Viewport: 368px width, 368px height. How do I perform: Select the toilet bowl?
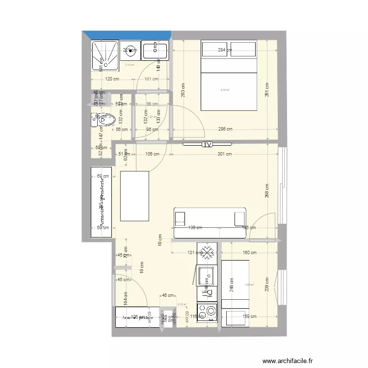click(x=107, y=119)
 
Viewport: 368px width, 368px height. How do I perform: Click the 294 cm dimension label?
click(x=225, y=50)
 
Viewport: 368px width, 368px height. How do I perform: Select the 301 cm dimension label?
click(x=224, y=154)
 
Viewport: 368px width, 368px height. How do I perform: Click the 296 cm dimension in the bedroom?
click(x=225, y=130)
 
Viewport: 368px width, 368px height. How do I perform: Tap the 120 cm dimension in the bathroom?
click(x=112, y=79)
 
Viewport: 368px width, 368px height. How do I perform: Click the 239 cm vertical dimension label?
click(x=267, y=285)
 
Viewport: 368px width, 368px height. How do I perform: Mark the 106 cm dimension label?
click(x=152, y=154)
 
